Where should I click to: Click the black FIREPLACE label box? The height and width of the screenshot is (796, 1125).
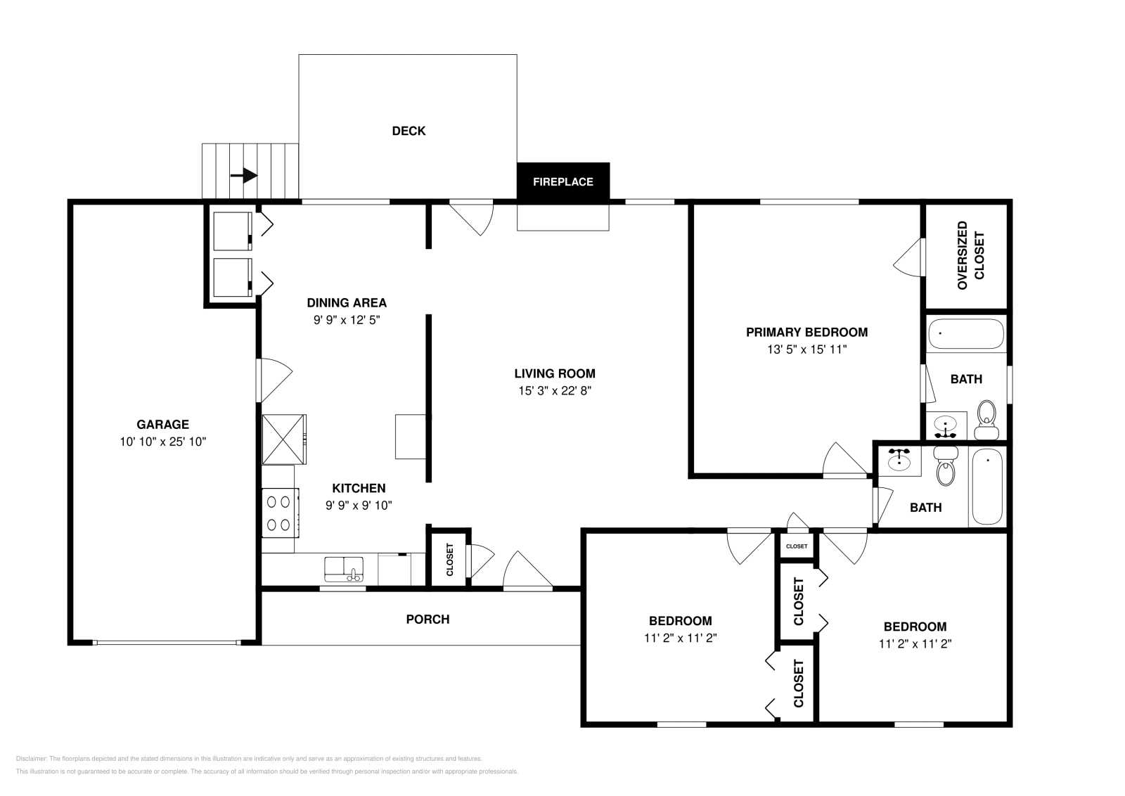click(562, 181)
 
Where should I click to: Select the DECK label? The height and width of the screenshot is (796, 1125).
click(409, 131)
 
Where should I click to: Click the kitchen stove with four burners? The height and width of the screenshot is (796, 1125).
click(279, 513)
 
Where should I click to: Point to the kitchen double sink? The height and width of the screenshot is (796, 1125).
click(344, 568)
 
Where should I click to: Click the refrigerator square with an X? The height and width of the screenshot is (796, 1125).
click(283, 439)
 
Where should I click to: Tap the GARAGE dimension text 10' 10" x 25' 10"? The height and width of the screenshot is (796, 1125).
click(162, 442)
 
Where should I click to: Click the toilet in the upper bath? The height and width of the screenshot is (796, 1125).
click(987, 415)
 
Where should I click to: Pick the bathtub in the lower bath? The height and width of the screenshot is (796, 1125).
click(987, 487)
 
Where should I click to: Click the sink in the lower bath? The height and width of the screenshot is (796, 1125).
click(899, 461)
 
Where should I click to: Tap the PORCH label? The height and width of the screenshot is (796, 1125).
click(427, 620)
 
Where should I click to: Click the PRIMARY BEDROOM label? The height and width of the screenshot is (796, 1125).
click(806, 332)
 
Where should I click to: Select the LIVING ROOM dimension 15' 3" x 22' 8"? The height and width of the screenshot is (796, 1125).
click(555, 391)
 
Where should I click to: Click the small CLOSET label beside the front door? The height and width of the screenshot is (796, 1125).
click(449, 559)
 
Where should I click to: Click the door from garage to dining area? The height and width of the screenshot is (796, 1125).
click(273, 380)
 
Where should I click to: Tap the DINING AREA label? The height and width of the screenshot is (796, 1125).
click(347, 303)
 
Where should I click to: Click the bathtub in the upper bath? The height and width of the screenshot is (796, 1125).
click(966, 335)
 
